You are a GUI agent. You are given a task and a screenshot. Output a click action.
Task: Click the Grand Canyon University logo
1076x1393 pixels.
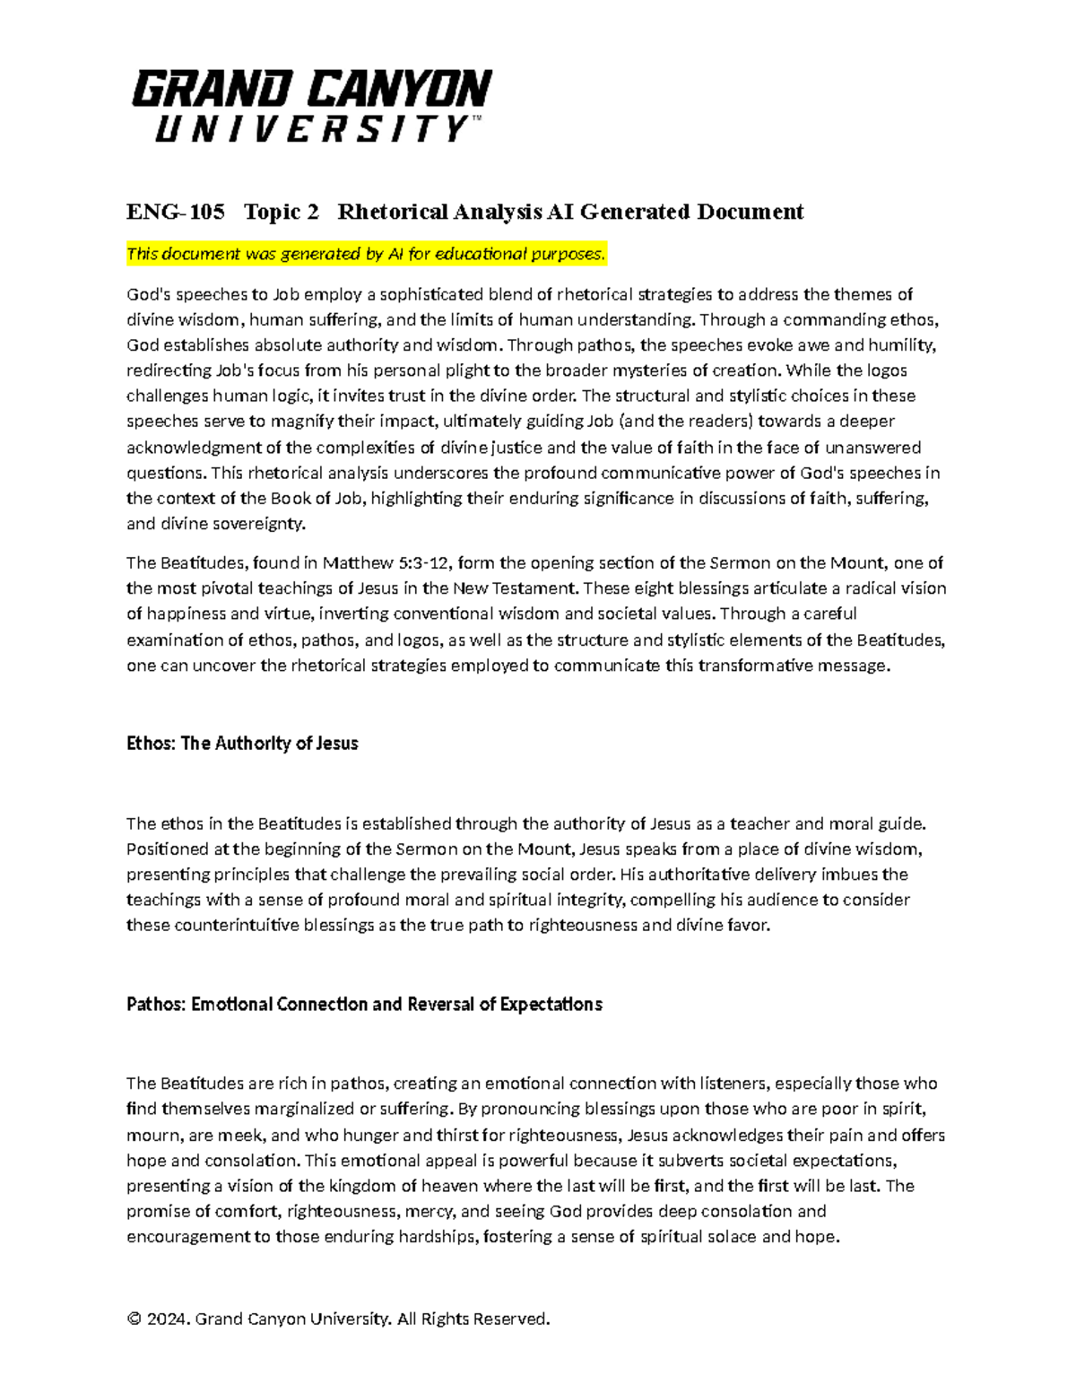coord(311,106)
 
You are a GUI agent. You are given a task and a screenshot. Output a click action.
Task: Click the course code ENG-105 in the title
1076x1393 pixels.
coord(175,212)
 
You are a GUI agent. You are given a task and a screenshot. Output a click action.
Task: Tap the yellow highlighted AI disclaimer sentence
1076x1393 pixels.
coord(366,255)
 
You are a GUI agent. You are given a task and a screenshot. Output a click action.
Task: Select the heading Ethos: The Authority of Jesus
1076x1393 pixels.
coord(242,744)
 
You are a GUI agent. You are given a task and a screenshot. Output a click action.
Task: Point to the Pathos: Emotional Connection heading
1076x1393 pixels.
coord(364,1005)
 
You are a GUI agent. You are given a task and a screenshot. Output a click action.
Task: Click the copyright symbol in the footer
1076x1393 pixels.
coord(134,1319)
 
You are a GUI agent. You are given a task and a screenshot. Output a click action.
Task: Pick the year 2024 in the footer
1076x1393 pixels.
coord(167,1319)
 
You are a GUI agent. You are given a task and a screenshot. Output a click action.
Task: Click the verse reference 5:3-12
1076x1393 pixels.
coord(424,563)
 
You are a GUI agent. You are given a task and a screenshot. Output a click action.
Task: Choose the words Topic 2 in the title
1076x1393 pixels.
coord(281,212)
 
